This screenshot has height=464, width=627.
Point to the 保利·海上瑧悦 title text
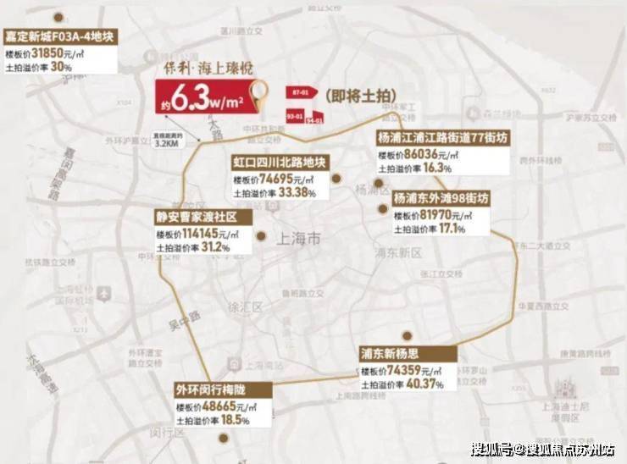217,72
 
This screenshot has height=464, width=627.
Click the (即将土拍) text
357,97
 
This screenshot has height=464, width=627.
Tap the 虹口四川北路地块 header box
279,163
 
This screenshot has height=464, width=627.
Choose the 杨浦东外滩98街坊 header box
441,198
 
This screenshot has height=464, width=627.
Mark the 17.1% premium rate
455,229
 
